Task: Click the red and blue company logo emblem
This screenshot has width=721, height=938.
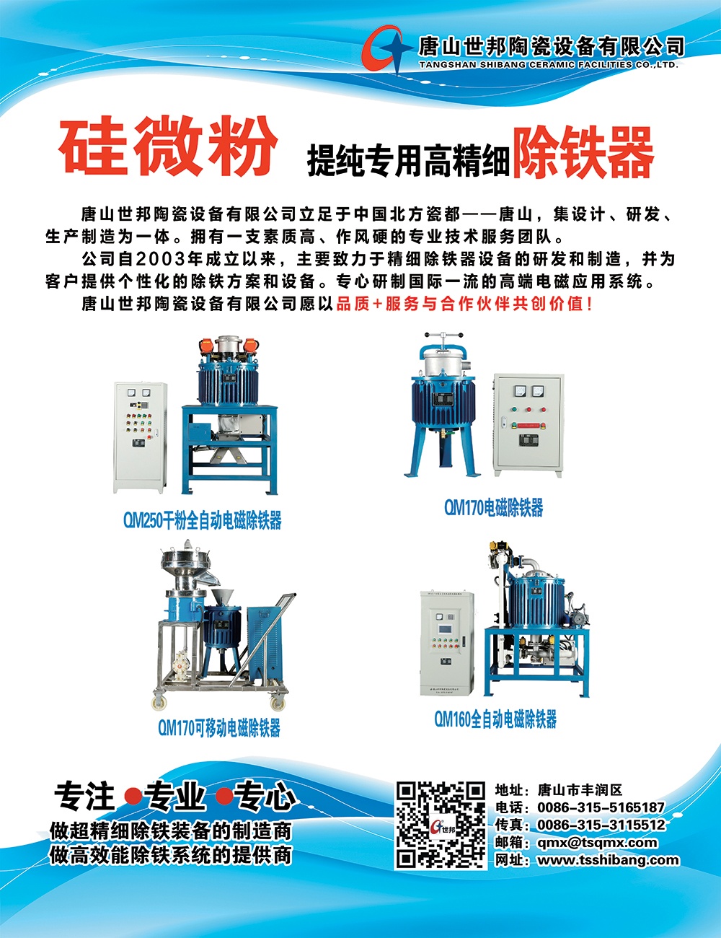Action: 386,49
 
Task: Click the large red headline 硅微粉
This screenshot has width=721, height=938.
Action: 168,146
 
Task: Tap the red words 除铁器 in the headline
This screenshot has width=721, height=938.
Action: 583,152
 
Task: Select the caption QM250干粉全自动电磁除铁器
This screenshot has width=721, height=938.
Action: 203,520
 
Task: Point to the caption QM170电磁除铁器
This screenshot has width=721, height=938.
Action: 493,507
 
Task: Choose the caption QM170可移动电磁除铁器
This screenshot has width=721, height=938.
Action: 219,727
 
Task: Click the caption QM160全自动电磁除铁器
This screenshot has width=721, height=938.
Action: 495,719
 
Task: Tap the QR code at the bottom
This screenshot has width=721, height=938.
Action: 441,825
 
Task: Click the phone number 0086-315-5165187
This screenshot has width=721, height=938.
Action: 601,807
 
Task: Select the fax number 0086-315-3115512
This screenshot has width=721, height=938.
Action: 601,825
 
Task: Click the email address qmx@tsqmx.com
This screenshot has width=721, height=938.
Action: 597,843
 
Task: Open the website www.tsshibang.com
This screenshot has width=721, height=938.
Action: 608,860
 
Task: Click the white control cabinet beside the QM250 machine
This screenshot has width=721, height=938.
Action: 140,437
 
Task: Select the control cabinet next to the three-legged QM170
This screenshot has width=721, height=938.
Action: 528,425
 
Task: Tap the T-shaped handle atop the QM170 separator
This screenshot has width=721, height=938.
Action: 443,336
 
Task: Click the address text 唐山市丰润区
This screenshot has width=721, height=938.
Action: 580,790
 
